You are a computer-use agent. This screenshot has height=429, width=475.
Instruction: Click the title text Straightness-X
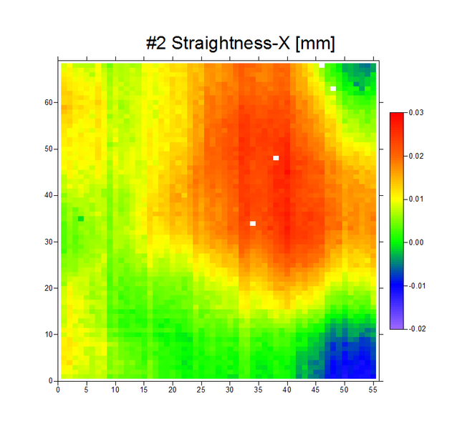click(231, 44)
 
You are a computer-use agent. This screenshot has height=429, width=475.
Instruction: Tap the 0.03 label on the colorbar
click(416, 112)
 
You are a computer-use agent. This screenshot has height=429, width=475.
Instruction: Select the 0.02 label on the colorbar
click(416, 156)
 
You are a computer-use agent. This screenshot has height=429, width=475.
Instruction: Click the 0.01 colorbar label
click(416, 199)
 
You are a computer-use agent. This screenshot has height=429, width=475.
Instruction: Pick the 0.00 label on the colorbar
click(416, 242)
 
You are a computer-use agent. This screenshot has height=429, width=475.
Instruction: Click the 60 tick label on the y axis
click(49, 102)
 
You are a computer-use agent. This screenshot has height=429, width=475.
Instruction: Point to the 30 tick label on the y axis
click(49, 242)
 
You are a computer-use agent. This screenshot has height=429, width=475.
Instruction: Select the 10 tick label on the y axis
click(49, 335)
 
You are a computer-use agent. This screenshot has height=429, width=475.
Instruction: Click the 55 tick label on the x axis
click(373, 390)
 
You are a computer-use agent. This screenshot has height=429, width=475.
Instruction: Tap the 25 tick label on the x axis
click(201, 390)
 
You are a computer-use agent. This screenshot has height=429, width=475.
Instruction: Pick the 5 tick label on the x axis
click(87, 390)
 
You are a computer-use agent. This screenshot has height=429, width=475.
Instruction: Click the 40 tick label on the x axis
click(287, 390)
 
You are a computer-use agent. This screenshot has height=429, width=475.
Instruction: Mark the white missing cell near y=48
click(276, 158)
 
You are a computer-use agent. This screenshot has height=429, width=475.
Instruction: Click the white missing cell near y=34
click(253, 224)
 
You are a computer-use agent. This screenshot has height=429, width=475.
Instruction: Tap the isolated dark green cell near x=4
click(81, 219)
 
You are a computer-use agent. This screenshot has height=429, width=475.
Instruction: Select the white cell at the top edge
click(322, 65)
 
